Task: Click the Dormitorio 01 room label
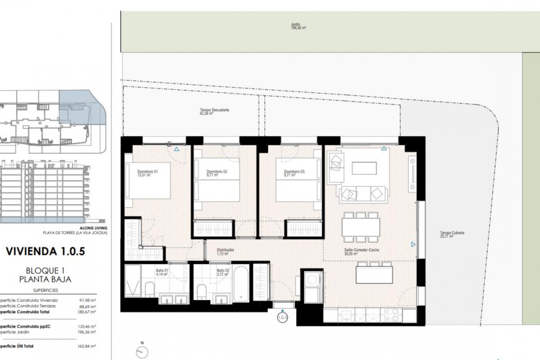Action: pos(148,173)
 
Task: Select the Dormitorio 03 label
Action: pos(294,173)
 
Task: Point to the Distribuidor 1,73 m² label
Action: pos(225,251)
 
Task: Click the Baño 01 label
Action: pos(162,272)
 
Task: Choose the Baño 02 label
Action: pos(223,272)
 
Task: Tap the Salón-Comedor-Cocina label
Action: pos(361,251)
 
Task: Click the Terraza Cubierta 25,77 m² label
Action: pos(452,235)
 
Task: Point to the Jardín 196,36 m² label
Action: pos(298,26)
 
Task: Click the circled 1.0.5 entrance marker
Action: pos(282,317)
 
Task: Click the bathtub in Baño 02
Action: pos(241,284)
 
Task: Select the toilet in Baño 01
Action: pos(150,289)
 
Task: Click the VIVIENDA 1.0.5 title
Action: pos(45,251)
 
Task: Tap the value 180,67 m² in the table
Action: pos(88,312)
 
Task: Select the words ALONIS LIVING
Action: pos(93,228)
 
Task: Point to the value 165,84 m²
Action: pos(88,346)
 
